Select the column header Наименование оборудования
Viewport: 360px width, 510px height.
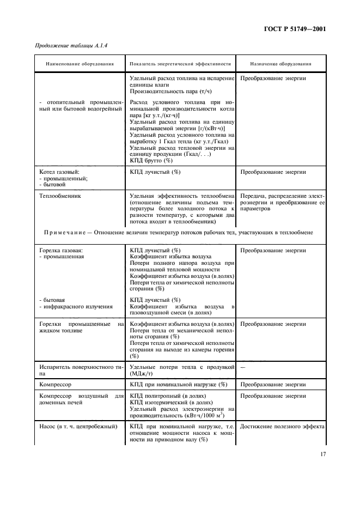point(80,64)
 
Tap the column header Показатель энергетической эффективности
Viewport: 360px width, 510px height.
point(180,64)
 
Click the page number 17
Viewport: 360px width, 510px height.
point(322,453)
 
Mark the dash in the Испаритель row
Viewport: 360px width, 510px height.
point(242,367)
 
